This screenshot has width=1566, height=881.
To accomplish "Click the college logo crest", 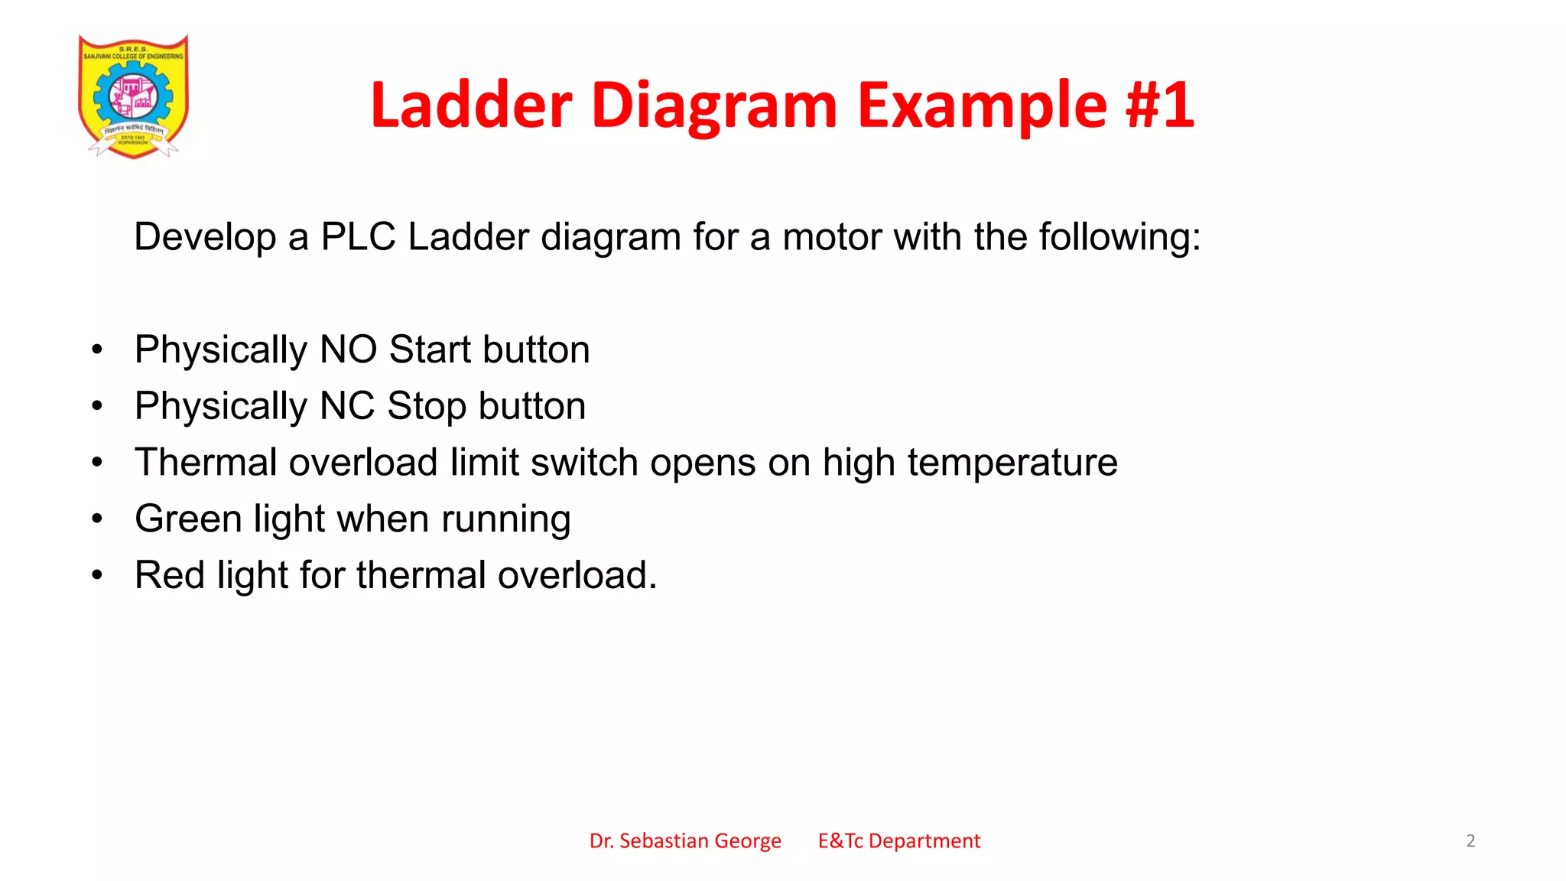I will pyautogui.click(x=133, y=96).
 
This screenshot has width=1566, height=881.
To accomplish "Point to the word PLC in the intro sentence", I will pyautogui.click(x=358, y=236).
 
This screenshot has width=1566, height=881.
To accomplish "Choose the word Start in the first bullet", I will pyautogui.click(x=430, y=349).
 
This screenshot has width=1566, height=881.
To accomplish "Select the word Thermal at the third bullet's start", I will pyautogui.click(x=206, y=463).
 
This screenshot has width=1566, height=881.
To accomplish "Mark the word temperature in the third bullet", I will pyautogui.click(x=1012, y=463).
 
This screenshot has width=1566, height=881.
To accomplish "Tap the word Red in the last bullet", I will pyautogui.click(x=170, y=575).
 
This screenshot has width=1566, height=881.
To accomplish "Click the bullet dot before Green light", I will pyautogui.click(x=97, y=519).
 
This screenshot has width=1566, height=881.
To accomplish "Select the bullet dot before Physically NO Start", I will pyautogui.click(x=97, y=350).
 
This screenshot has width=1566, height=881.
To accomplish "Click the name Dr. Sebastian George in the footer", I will pyautogui.click(x=685, y=841).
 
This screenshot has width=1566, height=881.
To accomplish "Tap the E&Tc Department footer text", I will pyautogui.click(x=898, y=841).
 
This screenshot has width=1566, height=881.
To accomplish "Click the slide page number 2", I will pyautogui.click(x=1470, y=841).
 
